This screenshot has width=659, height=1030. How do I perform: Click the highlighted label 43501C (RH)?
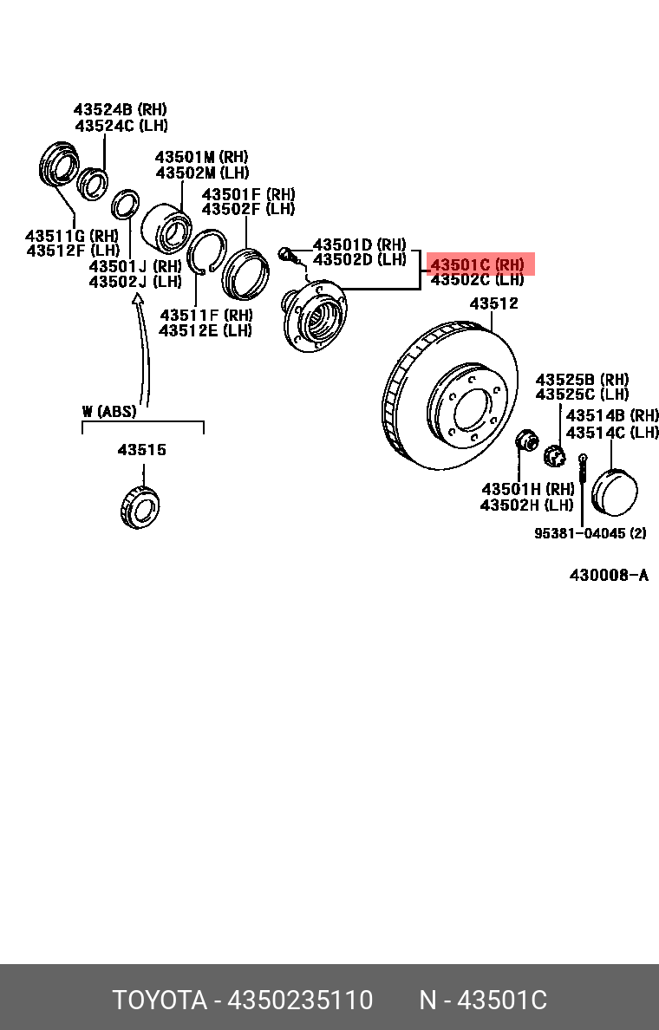478,264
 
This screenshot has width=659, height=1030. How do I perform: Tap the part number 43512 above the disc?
494,303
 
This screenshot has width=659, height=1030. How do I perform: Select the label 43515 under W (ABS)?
142,450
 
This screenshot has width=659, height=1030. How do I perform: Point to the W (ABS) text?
109,411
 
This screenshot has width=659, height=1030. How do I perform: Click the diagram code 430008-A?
609,575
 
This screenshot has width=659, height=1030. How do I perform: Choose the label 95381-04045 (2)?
590,533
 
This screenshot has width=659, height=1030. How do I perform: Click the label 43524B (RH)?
120,110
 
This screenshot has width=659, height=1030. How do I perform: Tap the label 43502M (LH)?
202,173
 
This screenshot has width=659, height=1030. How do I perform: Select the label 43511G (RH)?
71,236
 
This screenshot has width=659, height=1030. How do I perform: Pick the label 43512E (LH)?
206,330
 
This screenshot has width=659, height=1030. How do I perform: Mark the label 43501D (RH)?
359,244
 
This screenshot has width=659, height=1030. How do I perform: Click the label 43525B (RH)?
582,380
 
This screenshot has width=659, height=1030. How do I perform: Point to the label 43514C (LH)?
612,432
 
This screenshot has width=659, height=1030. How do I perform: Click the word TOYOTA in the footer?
160,1000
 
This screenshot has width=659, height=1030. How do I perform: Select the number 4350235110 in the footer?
300,1000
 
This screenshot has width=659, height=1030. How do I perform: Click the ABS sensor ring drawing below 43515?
140,507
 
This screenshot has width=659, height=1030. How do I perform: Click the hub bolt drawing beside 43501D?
288,255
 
